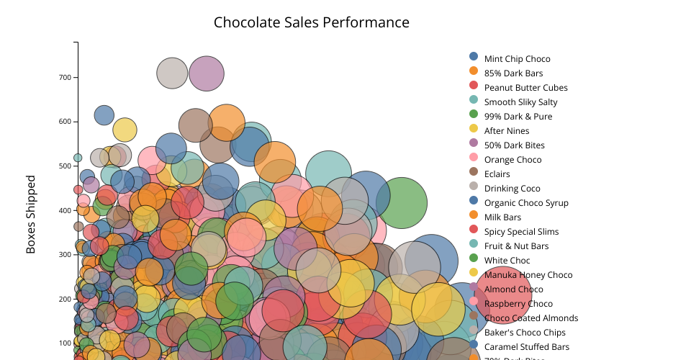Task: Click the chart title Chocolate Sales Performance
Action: tap(311, 22)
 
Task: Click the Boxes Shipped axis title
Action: tap(31, 214)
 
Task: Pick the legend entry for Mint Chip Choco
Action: tap(517, 59)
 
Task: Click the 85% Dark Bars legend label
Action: tap(513, 73)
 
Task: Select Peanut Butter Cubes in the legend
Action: tap(525, 88)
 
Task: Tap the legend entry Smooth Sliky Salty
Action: tap(520, 102)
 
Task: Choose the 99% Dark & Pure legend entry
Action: tap(518, 117)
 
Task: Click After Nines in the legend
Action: tap(507, 131)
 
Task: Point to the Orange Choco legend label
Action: tap(512, 160)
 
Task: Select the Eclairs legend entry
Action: tap(497, 174)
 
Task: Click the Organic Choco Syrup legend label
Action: tap(526, 203)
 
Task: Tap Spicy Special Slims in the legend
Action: tap(521, 232)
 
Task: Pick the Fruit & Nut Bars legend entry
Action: tap(516, 246)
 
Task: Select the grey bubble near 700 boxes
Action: tap(172, 73)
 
